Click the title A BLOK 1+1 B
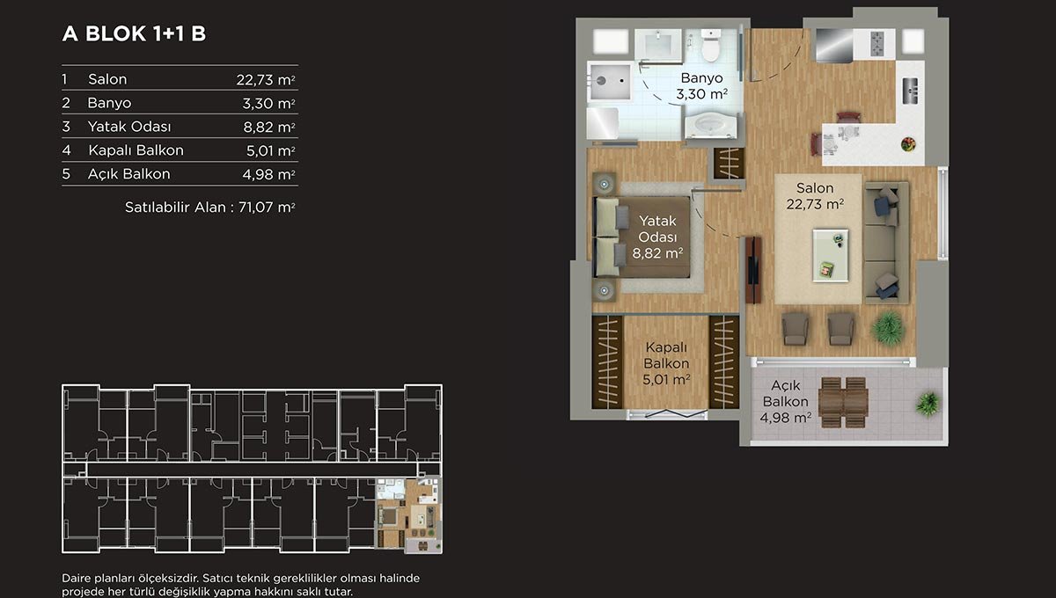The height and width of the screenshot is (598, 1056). [x=134, y=33]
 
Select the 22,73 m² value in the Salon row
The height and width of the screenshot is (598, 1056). [x=266, y=80]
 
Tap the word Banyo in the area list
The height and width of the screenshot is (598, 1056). [x=109, y=103]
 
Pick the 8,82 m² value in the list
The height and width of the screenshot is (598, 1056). [x=269, y=128]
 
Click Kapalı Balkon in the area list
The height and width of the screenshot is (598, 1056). [x=136, y=150]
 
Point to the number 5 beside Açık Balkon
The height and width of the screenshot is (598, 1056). [x=66, y=174]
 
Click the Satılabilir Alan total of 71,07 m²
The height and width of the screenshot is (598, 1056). [x=209, y=208]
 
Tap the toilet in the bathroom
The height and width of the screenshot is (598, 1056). [x=710, y=46]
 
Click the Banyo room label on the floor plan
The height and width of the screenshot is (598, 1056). [x=701, y=86]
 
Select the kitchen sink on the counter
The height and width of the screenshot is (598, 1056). [x=910, y=91]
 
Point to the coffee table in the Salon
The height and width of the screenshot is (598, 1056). [x=830, y=255]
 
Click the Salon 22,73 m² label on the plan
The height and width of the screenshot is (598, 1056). [x=815, y=196]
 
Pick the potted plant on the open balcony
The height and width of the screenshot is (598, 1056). [x=928, y=404]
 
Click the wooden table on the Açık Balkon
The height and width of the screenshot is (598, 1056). [x=843, y=402]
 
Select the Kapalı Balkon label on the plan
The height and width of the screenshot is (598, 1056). [x=666, y=363]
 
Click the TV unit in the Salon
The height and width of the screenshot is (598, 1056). [x=753, y=270]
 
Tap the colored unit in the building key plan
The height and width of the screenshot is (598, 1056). [x=408, y=515]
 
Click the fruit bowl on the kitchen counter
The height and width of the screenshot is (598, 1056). [x=908, y=144]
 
